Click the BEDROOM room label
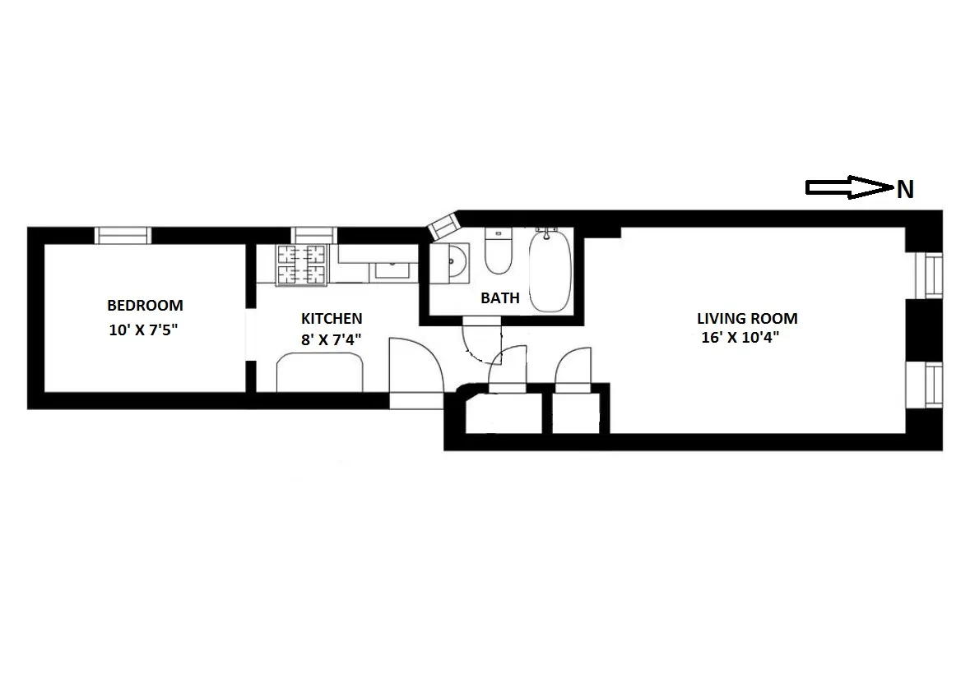(145, 305)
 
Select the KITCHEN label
(331, 318)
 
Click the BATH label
(500, 297)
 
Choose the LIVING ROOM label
(747, 318)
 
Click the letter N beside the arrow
(904, 191)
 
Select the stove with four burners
(301, 265)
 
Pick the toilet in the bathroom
(498, 251)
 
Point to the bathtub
(547, 271)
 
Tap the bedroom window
(124, 235)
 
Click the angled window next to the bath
(442, 223)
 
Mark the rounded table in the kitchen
(320, 371)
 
